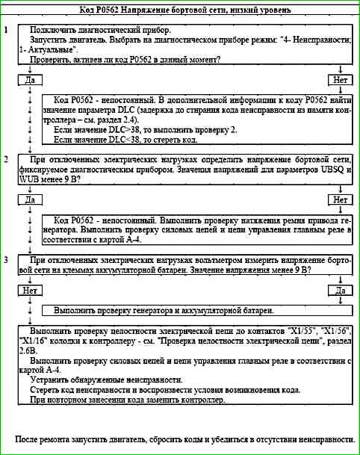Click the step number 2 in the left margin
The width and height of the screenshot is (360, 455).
pyautogui.click(x=6, y=160)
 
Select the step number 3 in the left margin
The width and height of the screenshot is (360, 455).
pyautogui.click(x=6, y=259)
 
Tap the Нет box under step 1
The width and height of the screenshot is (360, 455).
pyautogui.click(x=339, y=78)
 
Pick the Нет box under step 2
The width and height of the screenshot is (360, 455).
pyautogui.click(x=339, y=199)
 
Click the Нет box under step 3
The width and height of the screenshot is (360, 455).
pyautogui.click(x=30, y=289)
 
